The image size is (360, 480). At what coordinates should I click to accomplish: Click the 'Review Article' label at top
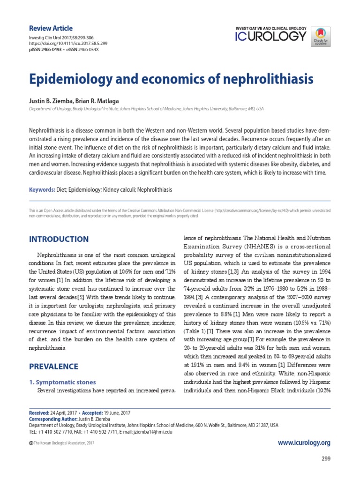pos(51,28)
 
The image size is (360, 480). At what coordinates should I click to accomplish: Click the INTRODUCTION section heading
pos(59,239)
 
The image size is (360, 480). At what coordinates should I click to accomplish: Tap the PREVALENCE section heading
pos(54,366)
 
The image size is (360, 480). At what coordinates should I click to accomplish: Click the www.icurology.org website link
pos(304,442)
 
